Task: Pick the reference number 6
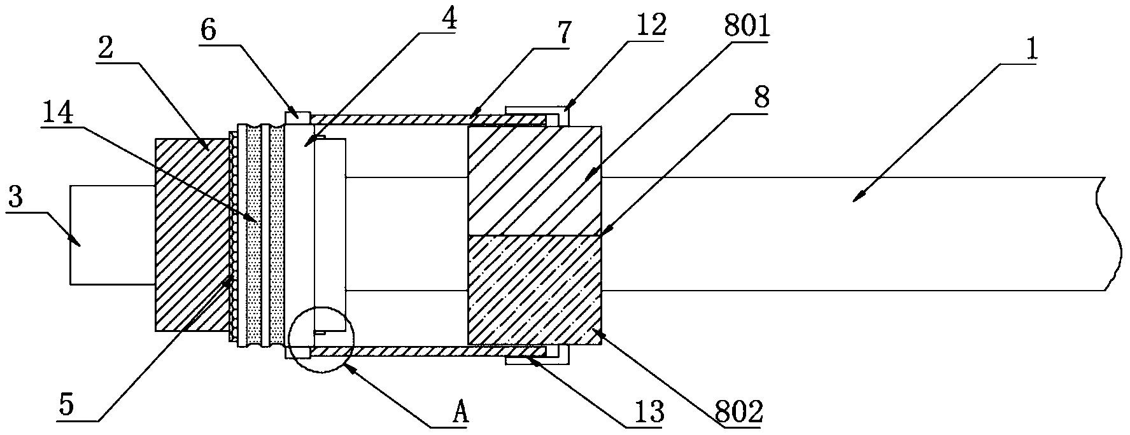(208, 31)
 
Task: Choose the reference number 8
(761, 97)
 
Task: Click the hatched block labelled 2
(193, 234)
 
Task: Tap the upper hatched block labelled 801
(534, 181)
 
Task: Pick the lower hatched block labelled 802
(534, 291)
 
